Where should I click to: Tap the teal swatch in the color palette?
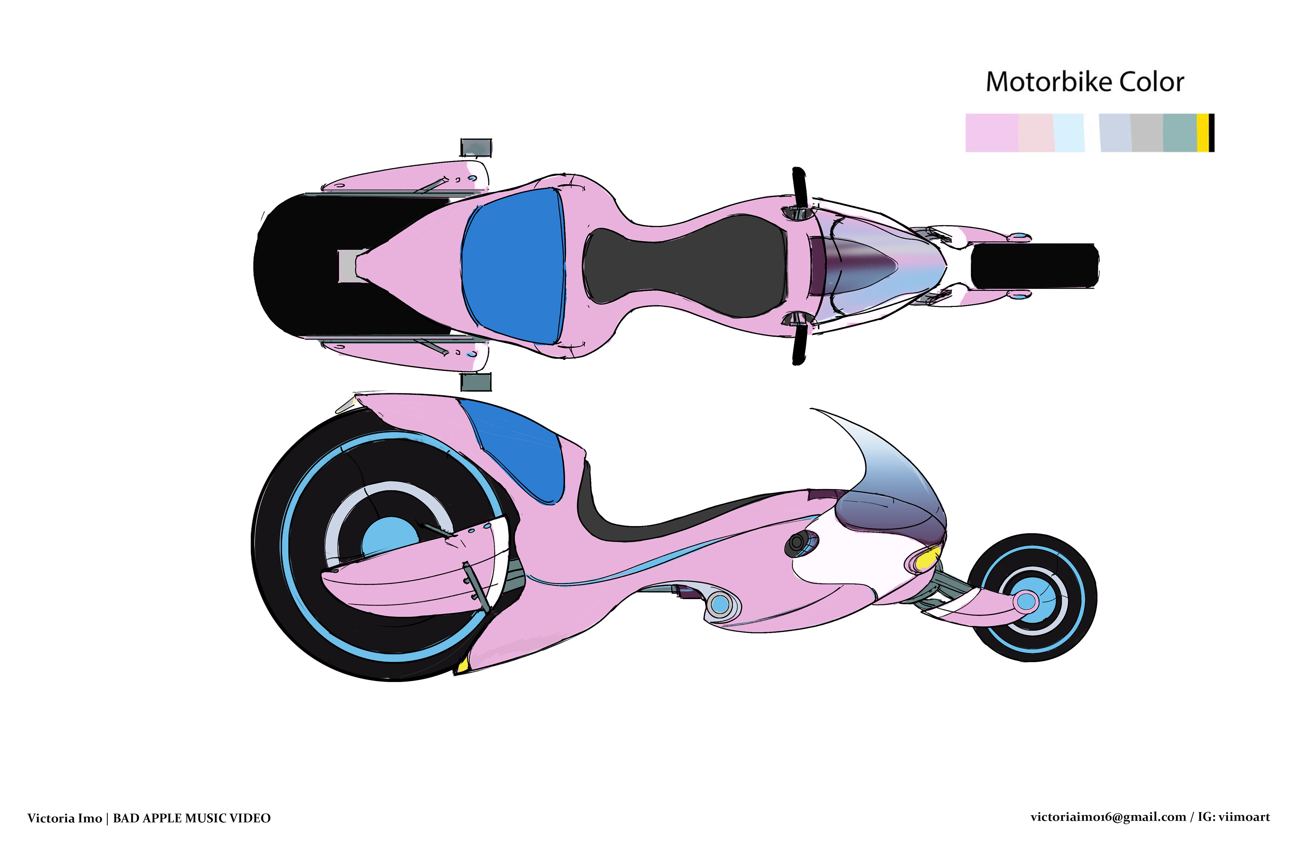click(1180, 133)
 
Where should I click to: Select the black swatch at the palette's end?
click(1211, 133)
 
